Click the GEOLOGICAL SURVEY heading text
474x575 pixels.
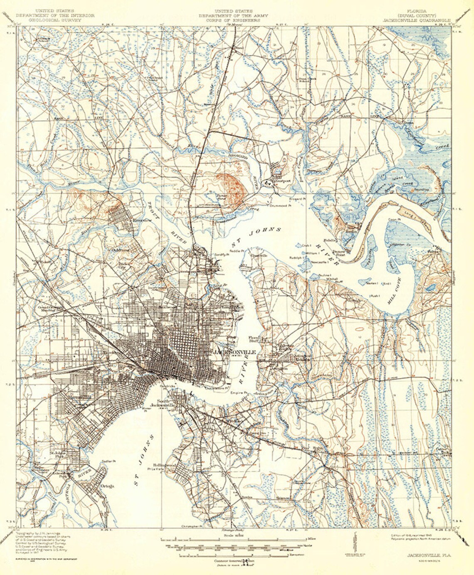(55, 20)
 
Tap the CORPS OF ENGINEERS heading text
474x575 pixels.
(233, 20)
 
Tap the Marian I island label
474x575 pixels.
(371, 283)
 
